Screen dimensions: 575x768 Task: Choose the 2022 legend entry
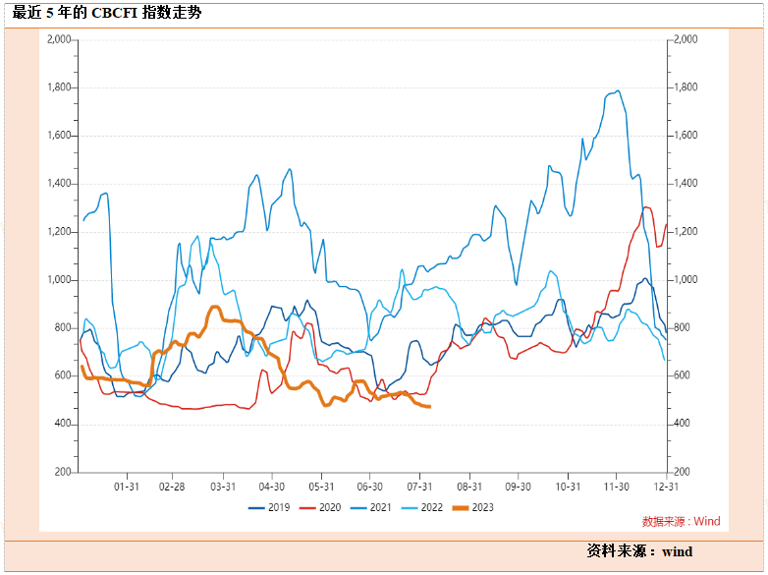[431, 507]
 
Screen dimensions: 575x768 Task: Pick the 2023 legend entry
[482, 507]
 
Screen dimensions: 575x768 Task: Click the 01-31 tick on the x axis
[125, 486]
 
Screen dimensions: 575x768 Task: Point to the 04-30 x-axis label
[272, 486]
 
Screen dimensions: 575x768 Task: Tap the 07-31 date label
[419, 486]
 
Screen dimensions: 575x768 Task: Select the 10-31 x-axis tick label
[568, 486]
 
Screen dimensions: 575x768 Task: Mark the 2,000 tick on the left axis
[60, 39]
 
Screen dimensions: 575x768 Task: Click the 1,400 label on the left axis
[60, 184]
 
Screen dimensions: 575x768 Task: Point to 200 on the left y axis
[64, 473]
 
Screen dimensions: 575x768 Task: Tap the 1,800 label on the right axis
[684, 87]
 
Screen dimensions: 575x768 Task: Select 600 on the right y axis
[680, 376]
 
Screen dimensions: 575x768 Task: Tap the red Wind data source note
[681, 521]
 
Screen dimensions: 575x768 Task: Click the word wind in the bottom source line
[677, 551]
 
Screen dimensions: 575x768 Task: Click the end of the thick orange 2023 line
[429, 407]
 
